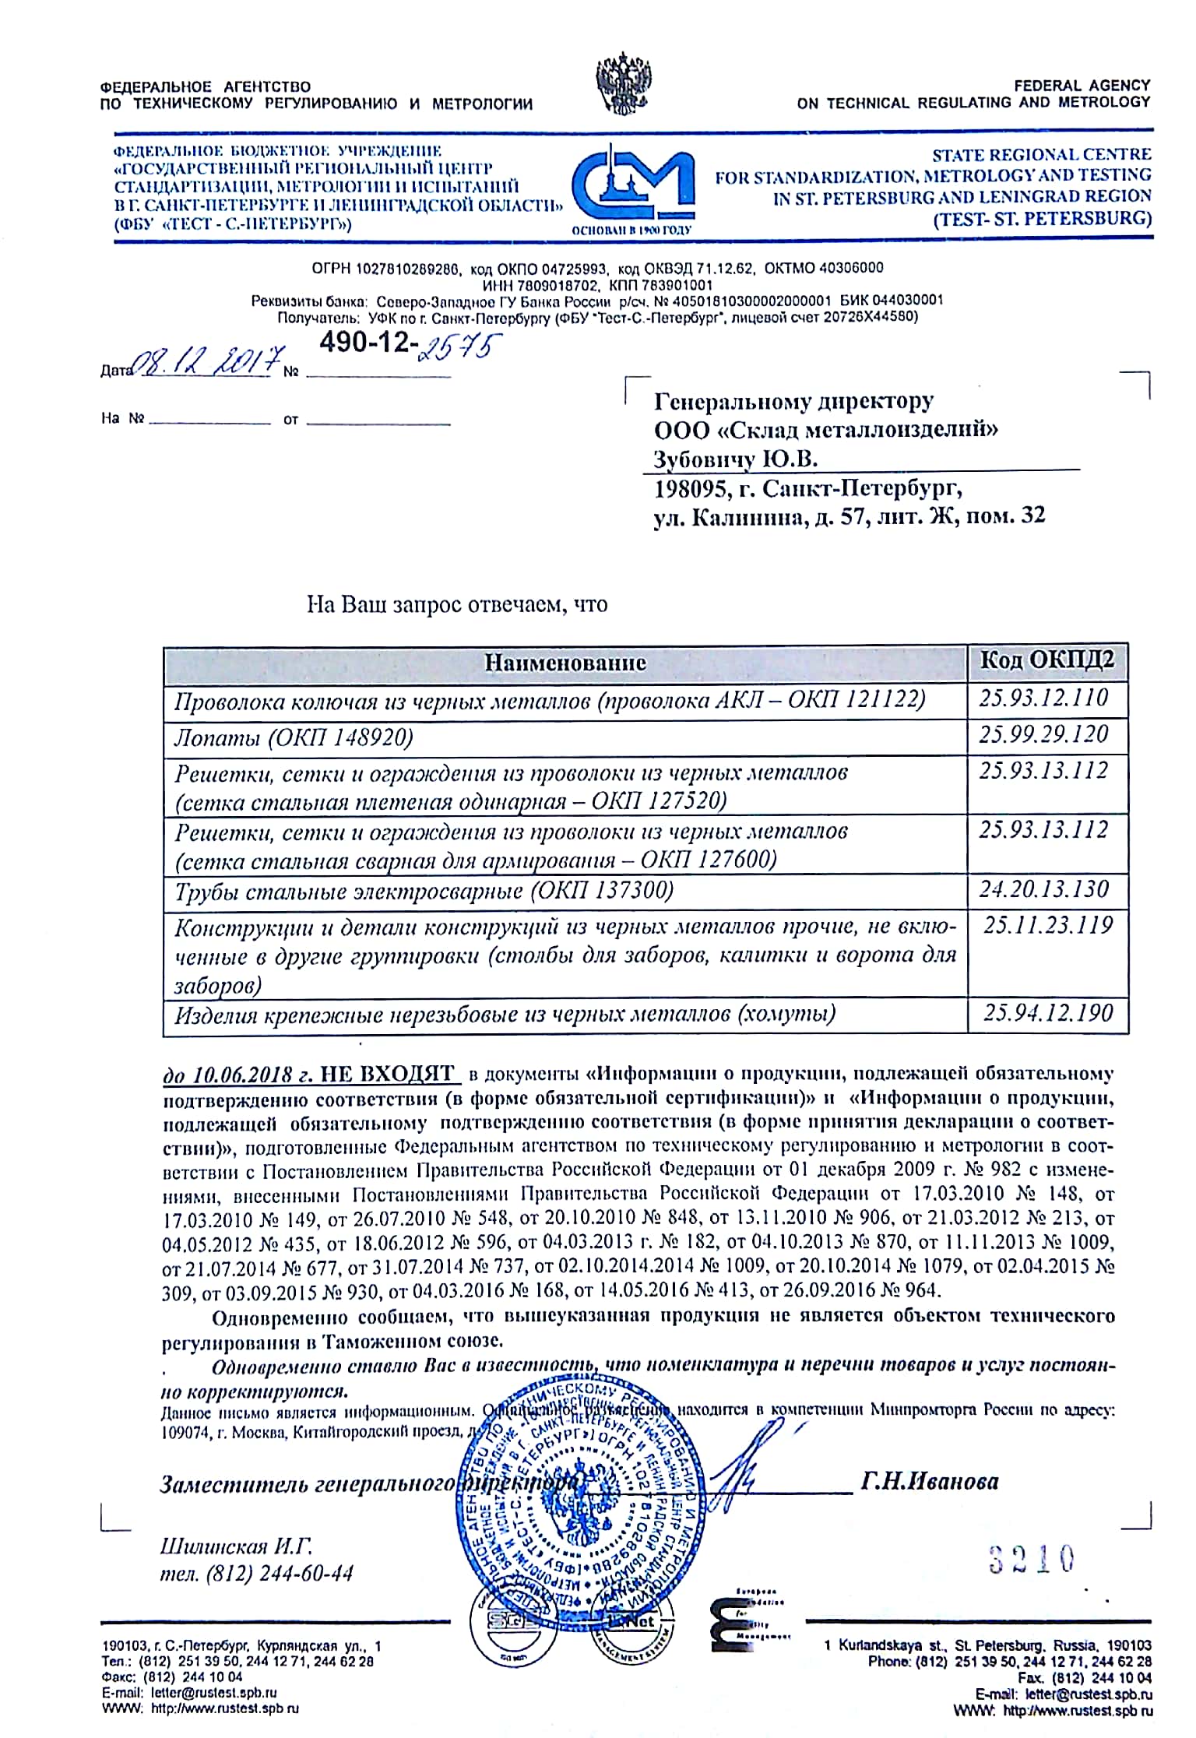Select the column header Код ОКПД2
[x=1046, y=660]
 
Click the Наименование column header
[x=565, y=663]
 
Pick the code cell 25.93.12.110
[x=1043, y=698]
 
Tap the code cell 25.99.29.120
[x=1043, y=734]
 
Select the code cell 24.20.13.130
[x=1043, y=889]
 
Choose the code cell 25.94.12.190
[x=1048, y=1013]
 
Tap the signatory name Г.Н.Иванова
[x=930, y=1480]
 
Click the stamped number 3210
[x=1032, y=1558]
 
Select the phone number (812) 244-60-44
[x=280, y=1574]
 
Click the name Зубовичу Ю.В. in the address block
[x=735, y=459]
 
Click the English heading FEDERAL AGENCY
[x=1082, y=86]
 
